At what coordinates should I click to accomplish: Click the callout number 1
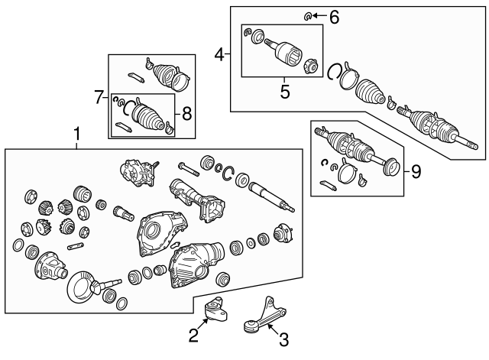tap(76, 135)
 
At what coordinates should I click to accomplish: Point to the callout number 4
tap(219, 54)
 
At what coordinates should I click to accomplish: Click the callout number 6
tap(333, 15)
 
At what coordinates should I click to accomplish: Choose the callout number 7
tap(99, 97)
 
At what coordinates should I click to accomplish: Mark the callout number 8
tap(186, 114)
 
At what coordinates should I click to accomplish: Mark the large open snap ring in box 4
tap(334, 73)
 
